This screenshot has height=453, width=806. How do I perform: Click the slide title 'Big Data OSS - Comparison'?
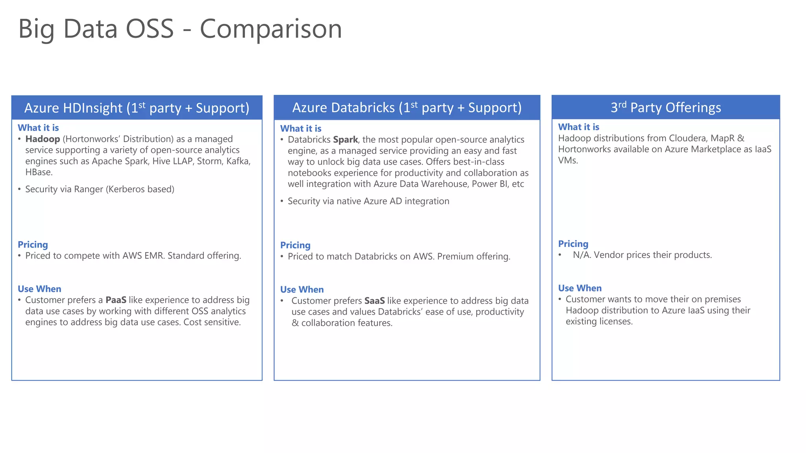coord(180,29)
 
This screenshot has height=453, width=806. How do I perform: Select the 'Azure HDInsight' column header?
coord(137,108)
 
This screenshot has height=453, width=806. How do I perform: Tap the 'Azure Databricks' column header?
coord(407,107)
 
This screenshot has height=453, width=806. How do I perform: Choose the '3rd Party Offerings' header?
coord(666,107)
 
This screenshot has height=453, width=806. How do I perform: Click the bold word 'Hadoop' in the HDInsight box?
coord(43,139)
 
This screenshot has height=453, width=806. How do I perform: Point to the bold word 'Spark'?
coord(345,140)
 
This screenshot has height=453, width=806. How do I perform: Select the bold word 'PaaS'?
coord(116,300)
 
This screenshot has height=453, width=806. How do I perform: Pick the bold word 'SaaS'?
coord(374,301)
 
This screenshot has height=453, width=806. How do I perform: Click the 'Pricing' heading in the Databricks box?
coord(295,245)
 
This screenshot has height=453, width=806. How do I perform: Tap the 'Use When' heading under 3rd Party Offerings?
coord(580,288)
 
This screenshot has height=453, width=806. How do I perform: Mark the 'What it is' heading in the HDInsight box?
coord(38,128)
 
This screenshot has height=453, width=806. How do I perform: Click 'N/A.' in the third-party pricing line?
coord(582,255)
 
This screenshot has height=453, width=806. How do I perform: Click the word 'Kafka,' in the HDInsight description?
coord(238,161)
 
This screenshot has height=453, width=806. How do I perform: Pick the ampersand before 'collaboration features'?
coord(295,323)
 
